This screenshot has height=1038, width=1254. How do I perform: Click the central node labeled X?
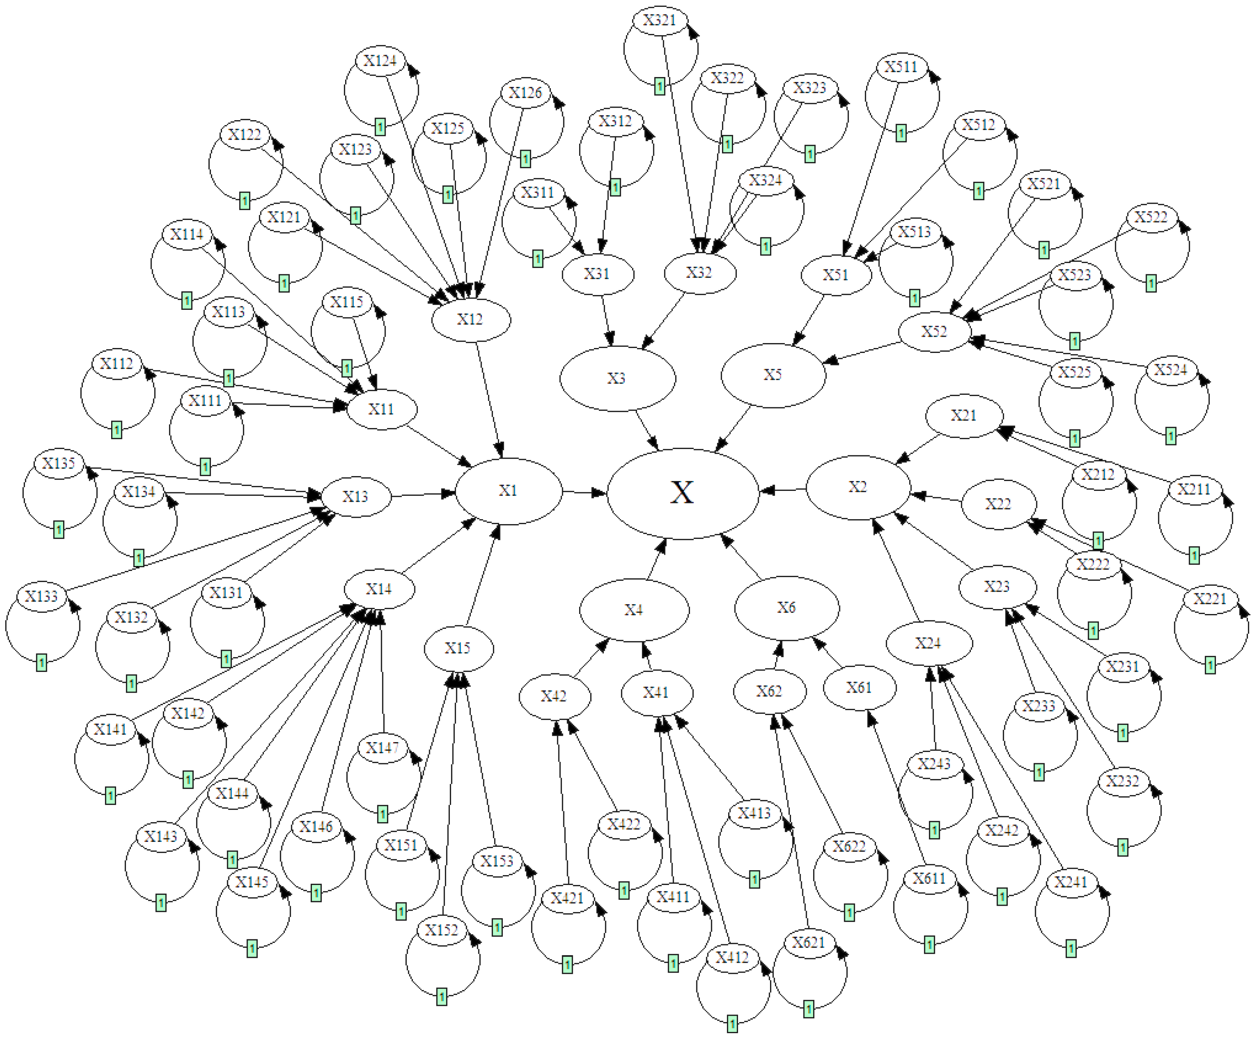[682, 493]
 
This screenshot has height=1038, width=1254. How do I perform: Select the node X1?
[508, 490]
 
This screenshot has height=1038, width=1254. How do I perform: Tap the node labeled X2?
[858, 487]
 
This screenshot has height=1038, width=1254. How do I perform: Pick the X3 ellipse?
[617, 378]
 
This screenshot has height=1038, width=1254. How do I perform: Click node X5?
[773, 375]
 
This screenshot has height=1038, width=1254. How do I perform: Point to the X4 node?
[634, 609]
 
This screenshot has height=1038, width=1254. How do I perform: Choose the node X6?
[786, 608]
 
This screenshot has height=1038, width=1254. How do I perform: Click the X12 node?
[471, 319]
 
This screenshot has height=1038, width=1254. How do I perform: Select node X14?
[379, 589]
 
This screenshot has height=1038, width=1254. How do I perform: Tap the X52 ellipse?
[935, 331]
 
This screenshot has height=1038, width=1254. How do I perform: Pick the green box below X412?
[732, 1024]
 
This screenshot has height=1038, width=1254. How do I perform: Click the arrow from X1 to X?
[584, 492]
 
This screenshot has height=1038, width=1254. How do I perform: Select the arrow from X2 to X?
[782, 490]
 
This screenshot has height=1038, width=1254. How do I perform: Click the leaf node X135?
[59, 463]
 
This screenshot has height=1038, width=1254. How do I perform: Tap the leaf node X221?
[1210, 599]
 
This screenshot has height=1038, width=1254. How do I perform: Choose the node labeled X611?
[929, 879]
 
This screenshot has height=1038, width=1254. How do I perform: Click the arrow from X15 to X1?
[482, 576]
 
